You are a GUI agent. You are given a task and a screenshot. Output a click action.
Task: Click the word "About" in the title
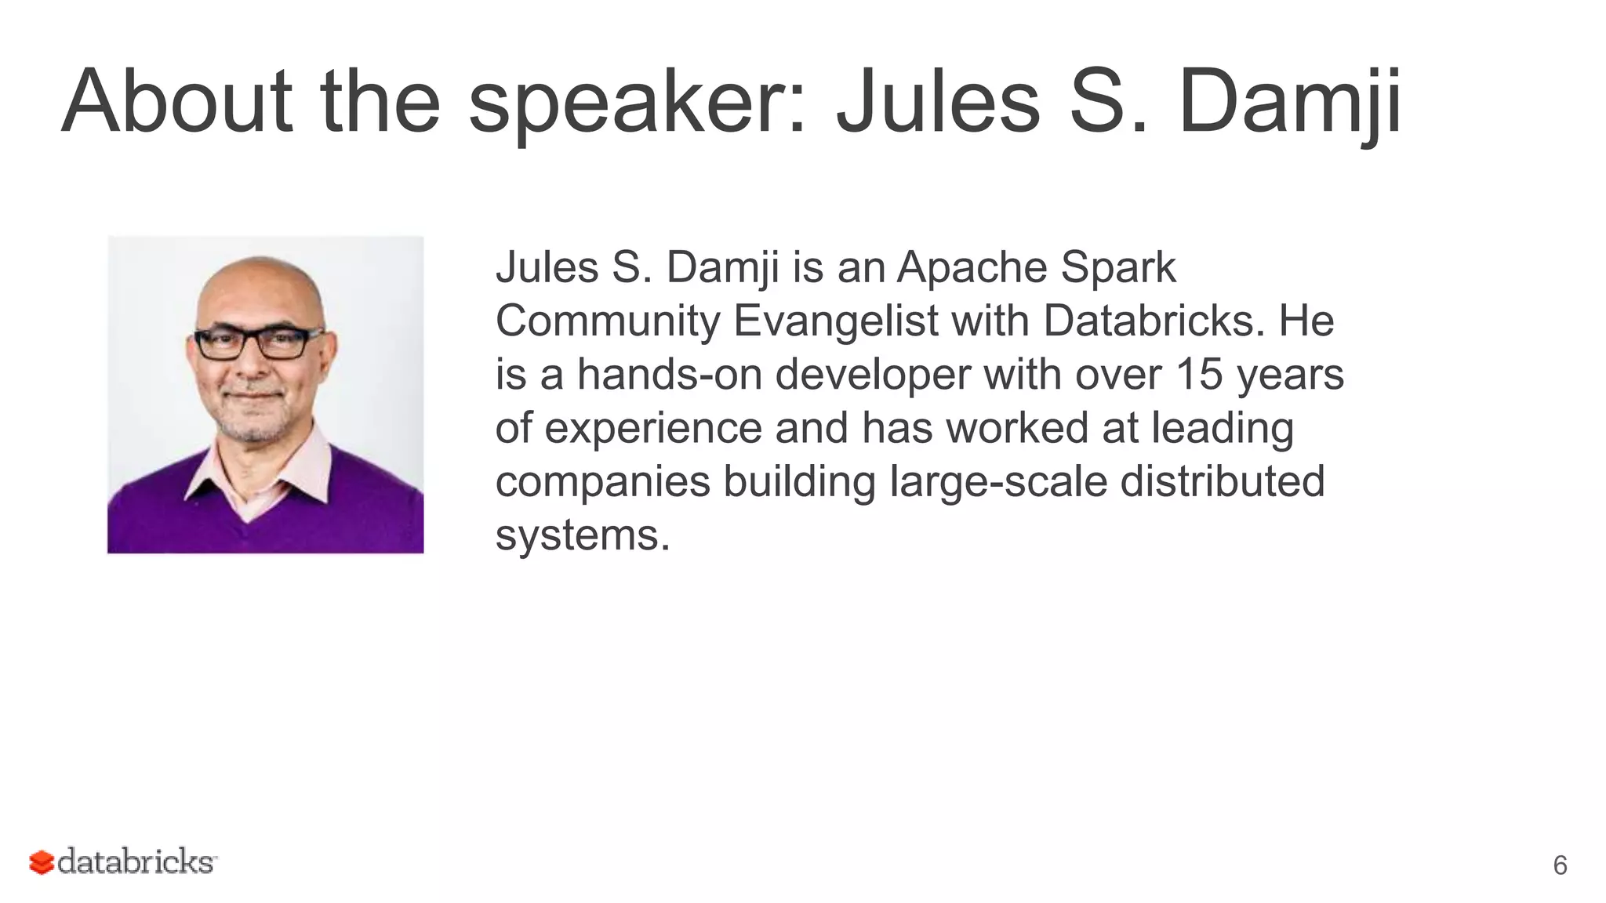(176, 102)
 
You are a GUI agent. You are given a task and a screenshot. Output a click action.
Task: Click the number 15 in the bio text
(1199, 374)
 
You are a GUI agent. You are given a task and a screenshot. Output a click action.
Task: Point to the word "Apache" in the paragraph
(972, 267)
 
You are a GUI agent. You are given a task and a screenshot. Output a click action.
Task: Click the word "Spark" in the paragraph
(1118, 267)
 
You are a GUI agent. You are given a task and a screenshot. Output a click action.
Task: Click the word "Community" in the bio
(608, 321)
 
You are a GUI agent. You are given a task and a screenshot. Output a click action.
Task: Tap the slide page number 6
(1560, 865)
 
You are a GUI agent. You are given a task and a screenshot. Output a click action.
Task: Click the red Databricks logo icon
(42, 862)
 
